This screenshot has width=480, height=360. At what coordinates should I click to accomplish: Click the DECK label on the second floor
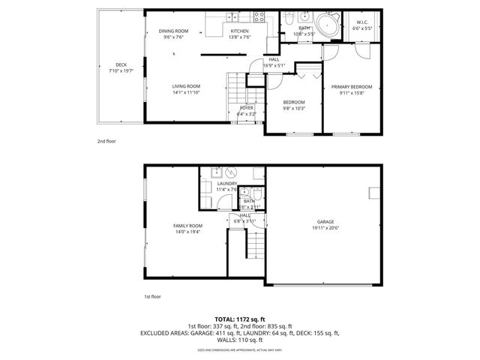tap(121, 64)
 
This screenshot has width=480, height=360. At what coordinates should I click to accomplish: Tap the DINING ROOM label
tap(173, 31)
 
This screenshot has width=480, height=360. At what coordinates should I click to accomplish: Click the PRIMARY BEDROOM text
tap(352, 86)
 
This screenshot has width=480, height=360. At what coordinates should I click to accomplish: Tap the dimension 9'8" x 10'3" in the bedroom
tap(294, 108)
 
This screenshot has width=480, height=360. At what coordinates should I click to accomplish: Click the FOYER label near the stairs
tap(247, 108)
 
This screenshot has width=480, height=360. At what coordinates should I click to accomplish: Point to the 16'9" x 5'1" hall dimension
tap(274, 65)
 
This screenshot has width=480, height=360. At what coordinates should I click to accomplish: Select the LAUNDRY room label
tap(226, 184)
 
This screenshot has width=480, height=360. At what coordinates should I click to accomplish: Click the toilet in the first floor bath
tap(256, 193)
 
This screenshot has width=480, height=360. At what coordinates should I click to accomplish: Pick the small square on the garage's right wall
tap(373, 193)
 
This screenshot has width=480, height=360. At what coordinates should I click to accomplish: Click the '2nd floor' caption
tap(106, 140)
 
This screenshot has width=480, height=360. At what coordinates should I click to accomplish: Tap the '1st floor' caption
tap(152, 296)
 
